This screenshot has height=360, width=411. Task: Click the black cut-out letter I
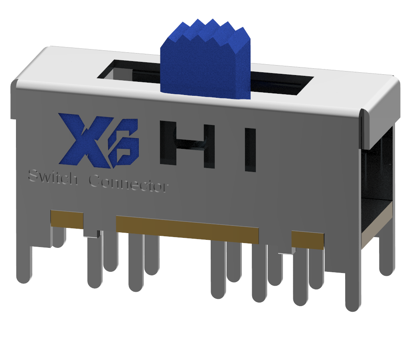point(250,150)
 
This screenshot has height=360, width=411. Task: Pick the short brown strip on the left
point(67,219)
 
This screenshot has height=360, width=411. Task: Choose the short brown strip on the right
point(307,240)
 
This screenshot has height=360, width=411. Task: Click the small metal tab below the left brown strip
point(92,234)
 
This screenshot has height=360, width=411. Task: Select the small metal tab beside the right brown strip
point(287,251)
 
